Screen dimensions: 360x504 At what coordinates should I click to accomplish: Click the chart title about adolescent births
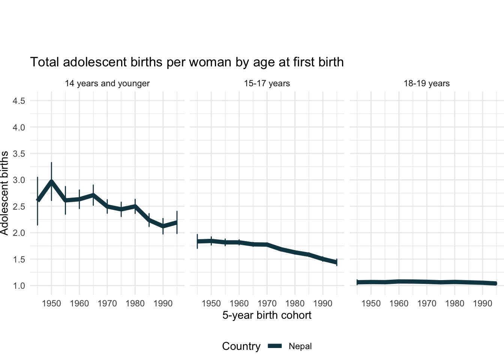point(187,62)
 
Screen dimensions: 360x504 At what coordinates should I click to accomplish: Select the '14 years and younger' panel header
point(107,83)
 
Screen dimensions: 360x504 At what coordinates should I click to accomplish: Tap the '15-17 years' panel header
point(267,83)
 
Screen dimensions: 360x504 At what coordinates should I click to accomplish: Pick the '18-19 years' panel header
point(426,83)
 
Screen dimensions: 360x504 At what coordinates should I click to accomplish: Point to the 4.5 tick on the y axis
point(19,101)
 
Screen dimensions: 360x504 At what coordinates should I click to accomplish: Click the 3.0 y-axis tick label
point(19,180)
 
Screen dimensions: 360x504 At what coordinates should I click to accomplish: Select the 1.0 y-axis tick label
point(19,286)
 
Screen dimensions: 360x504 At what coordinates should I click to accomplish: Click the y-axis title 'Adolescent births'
point(4,193)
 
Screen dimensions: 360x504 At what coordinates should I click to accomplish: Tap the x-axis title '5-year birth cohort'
point(267,315)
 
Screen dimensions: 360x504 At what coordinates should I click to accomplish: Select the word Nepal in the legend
point(300,346)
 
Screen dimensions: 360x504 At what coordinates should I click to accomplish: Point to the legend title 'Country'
point(241,346)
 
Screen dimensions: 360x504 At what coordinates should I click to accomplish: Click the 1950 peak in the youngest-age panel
point(51,181)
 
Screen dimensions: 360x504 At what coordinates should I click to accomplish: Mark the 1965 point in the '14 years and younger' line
point(93,195)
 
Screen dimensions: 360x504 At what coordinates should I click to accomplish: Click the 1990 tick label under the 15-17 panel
point(322,303)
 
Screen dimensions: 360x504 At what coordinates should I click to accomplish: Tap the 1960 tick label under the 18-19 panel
point(399,303)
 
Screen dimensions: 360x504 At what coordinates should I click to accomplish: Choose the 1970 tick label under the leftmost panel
point(107,303)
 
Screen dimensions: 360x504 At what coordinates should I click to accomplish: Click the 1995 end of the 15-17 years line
point(336,262)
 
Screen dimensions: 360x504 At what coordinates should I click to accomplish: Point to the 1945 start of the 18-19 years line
point(357,282)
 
